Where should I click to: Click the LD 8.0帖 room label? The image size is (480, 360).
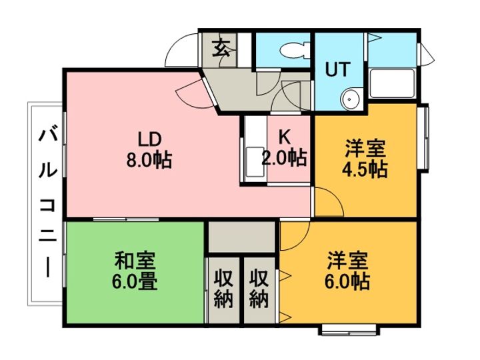tap(149, 150)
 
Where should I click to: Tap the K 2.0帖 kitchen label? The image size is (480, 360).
tap(284, 148)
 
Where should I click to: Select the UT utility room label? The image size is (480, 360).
tap(337, 69)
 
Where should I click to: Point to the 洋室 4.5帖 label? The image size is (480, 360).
tap(365, 159)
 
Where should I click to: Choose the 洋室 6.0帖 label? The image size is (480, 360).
tap(347, 271)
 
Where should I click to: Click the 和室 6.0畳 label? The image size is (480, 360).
tap(135, 271)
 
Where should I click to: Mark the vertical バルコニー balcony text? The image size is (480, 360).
tap(48, 203)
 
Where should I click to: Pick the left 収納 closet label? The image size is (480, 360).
tap(223, 289)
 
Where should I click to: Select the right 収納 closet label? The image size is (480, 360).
tap(259, 289)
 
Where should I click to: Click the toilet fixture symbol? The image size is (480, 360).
tap(295, 50)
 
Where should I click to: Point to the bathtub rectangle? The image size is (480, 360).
tap(392, 83)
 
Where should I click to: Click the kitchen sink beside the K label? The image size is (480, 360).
tap(255, 162)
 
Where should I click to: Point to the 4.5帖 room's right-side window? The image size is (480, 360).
tap(425, 137)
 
